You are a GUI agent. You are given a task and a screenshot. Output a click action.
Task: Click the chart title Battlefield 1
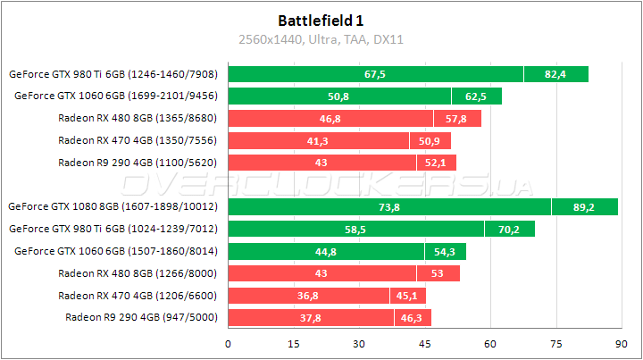click(321, 20)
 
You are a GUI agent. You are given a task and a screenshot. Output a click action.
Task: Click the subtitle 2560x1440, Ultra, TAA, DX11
click(321, 39)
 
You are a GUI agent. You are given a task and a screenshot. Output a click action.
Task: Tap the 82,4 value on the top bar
click(555, 74)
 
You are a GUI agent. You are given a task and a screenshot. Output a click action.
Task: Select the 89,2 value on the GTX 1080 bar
click(584, 206)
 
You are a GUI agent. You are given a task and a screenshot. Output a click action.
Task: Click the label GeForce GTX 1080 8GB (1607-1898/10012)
click(115, 206)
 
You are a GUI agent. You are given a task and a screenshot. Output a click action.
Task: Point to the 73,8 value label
click(388, 206)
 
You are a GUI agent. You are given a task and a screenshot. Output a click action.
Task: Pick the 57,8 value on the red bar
click(456, 118)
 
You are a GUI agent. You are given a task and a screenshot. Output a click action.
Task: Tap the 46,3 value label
click(413, 317)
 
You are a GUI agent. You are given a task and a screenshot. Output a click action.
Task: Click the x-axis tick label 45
click(425, 343)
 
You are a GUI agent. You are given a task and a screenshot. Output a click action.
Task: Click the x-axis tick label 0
click(229, 343)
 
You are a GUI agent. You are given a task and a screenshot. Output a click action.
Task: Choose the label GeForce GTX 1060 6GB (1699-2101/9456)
click(118, 96)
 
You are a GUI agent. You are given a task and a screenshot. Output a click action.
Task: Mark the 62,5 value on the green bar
click(476, 96)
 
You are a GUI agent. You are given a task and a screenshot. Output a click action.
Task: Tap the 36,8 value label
click(308, 295)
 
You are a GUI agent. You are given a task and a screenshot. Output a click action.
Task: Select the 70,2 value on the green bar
click(509, 229)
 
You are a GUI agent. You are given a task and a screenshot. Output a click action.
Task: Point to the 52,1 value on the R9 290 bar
click(436, 163)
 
